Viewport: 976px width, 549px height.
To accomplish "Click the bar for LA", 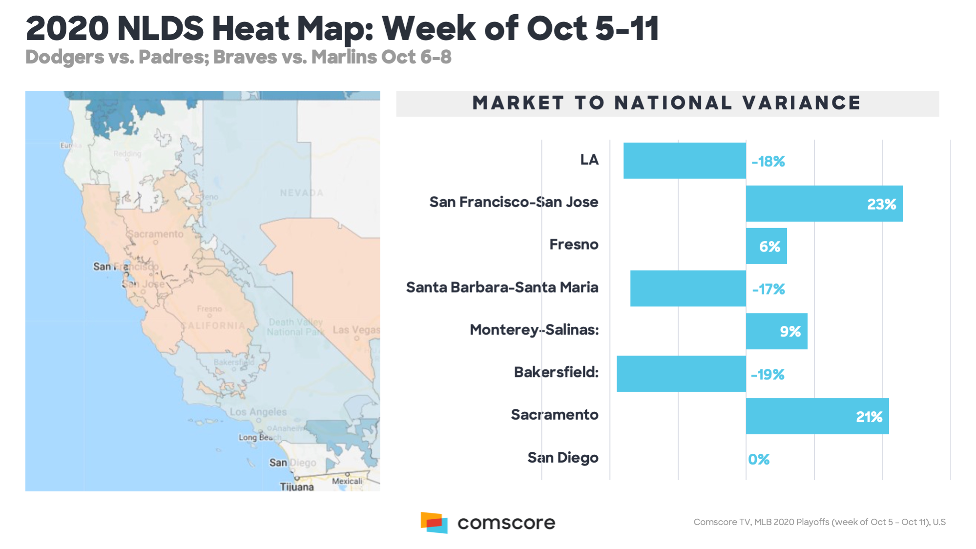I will [684, 161].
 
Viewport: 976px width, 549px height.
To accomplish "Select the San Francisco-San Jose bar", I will [824, 204].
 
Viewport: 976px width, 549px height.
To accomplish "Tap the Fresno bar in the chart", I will [766, 246].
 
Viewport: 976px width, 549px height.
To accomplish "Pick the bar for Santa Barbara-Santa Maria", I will [687, 289].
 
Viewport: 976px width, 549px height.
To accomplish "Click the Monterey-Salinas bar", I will [776, 331].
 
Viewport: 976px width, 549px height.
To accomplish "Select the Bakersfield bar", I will [681, 374].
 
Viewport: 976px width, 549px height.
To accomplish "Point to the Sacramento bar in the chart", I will [817, 416].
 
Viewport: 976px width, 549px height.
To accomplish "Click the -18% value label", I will [768, 162].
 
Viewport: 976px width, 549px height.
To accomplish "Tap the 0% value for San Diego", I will [759, 459].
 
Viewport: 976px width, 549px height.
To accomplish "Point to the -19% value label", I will [768, 375].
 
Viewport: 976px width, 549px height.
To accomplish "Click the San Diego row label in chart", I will [562, 458].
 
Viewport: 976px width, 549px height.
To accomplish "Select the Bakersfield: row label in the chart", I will [556, 372].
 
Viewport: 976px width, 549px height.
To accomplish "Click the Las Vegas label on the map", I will [356, 330].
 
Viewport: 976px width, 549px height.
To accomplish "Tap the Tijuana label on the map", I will [297, 486].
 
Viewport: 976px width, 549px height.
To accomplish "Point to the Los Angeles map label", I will [258, 412].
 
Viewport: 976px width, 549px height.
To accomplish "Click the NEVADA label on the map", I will [301, 193].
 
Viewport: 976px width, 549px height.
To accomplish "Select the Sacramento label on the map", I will [155, 234].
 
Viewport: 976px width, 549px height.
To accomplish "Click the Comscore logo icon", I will [434, 523].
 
